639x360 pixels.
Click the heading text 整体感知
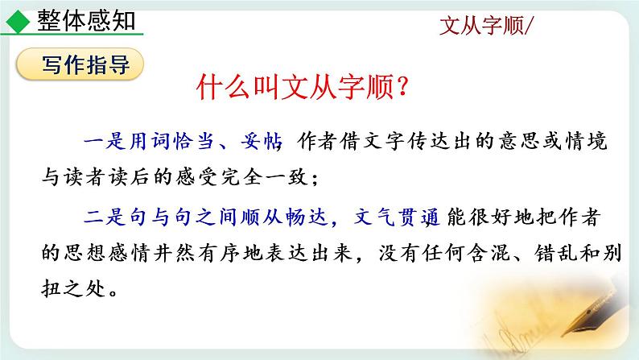point(87,20)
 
